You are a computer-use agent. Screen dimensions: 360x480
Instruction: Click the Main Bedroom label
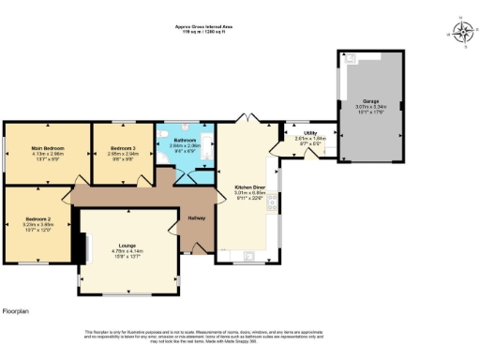tap(47, 147)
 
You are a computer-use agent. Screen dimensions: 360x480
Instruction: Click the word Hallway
tap(197, 218)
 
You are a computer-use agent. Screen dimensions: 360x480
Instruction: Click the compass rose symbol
tap(463, 32)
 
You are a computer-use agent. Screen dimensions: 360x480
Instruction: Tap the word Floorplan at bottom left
tap(18, 310)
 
